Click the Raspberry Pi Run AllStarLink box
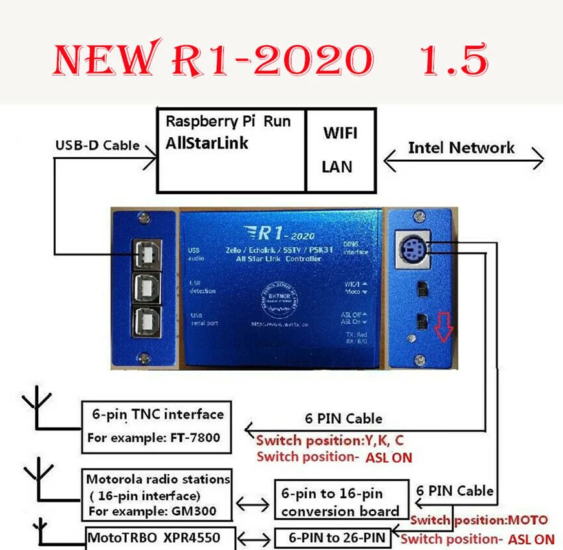(232, 149)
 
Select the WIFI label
(339, 133)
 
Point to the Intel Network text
(461, 148)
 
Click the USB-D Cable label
(97, 145)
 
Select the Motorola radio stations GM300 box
(158, 495)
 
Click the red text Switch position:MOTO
(479, 520)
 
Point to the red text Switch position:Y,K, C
(330, 441)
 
